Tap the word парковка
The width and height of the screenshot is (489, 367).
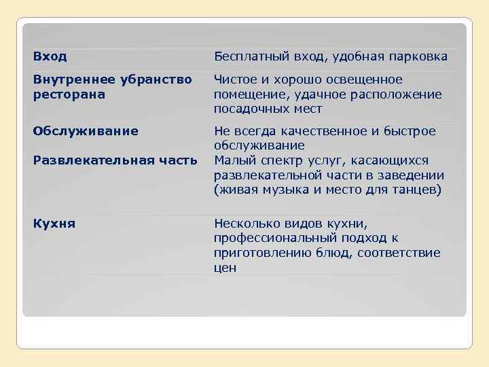point(416,56)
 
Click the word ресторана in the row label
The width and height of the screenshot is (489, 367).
point(69,94)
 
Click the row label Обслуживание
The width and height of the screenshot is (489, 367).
point(85,130)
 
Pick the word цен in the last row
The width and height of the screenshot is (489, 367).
point(225,268)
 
